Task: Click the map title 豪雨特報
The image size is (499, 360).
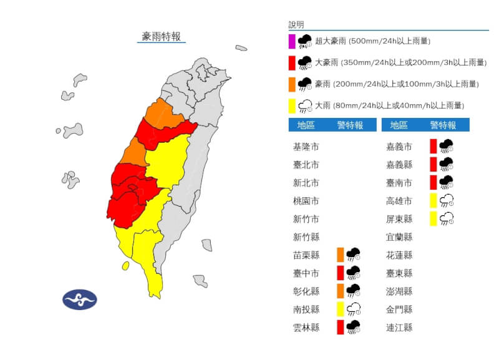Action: [162, 37]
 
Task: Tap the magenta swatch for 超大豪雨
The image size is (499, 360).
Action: [291, 42]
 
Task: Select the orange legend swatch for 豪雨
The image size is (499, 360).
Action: [291, 84]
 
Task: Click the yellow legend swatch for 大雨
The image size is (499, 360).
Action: [291, 105]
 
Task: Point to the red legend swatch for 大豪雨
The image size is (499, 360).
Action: [291, 63]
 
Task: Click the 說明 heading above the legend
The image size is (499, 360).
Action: [297, 25]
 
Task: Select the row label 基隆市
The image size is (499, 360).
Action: [306, 147]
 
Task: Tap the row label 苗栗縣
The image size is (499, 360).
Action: [306, 255]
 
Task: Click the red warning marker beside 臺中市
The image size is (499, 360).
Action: [340, 273]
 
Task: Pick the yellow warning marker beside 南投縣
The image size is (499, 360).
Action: [340, 309]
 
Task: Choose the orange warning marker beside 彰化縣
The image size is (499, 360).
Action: [340, 291]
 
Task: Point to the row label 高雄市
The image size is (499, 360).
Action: [399, 201]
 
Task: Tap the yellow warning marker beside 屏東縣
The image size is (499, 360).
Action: [433, 219]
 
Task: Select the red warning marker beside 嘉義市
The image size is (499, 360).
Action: [433, 147]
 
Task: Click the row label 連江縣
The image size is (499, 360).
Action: [399, 328]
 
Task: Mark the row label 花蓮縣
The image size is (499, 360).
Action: [399, 255]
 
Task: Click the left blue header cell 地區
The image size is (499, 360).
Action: [306, 125]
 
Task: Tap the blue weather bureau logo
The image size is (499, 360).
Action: [79, 299]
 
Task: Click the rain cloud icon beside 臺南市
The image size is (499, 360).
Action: [447, 182]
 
